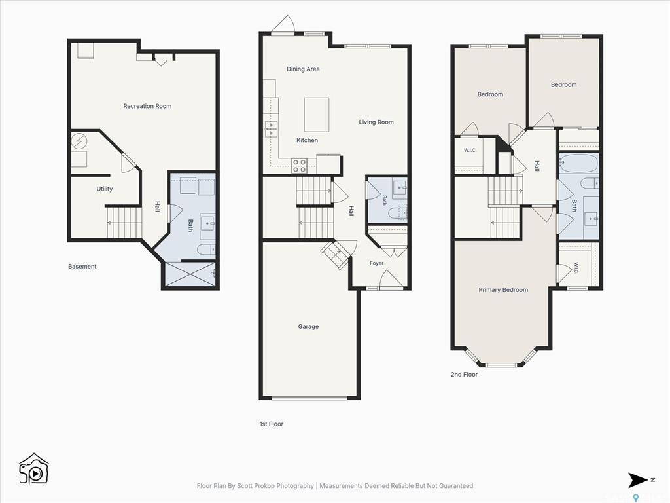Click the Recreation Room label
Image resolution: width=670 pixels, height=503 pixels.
tap(147, 106)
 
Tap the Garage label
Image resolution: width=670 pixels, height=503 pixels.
tap(308, 326)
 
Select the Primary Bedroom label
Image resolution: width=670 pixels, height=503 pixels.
tap(503, 290)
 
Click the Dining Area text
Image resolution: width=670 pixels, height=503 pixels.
tap(303, 69)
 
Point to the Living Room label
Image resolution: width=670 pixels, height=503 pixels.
tap(376, 122)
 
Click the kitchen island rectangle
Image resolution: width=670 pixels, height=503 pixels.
tap(317, 115)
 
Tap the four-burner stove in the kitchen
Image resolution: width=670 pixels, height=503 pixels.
tap(299, 166)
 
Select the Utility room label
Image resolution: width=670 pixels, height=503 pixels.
tap(104, 189)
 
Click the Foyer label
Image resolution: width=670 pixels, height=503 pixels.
tap(376, 263)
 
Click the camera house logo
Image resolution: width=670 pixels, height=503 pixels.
tap(34, 469)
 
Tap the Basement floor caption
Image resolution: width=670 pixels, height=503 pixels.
tap(82, 266)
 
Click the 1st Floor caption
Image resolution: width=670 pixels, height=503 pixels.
tap(272, 424)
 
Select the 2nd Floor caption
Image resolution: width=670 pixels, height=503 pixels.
tap(464, 374)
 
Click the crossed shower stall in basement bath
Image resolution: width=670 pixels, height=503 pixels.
tap(190, 274)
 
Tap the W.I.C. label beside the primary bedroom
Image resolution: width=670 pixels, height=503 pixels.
tap(576, 268)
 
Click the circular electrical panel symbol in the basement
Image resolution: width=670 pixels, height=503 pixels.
tap(79, 141)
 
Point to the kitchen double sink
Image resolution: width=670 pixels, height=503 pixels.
tap(271, 129)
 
